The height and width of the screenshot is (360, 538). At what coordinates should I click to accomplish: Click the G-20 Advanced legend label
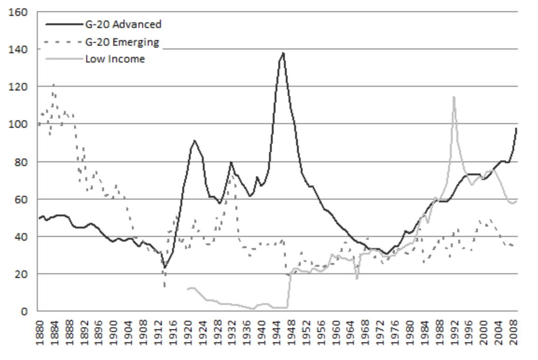123,24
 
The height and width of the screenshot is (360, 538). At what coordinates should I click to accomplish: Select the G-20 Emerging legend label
122,42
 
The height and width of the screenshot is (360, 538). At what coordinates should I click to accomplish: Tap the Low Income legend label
115,59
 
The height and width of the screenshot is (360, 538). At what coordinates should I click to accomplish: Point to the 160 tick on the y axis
20,12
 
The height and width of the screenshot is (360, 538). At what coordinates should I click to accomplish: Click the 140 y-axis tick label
20,49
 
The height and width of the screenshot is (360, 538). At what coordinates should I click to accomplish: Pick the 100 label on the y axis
20,124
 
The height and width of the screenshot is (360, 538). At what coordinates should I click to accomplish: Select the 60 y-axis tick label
22,199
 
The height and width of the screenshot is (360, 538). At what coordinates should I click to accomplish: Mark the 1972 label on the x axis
379,332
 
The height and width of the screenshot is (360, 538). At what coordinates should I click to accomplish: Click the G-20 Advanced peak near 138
283,53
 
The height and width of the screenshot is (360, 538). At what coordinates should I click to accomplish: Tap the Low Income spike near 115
454,97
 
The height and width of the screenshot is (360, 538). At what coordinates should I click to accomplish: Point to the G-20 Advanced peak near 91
194,140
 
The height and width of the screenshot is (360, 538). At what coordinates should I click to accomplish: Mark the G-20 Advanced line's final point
517,128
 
